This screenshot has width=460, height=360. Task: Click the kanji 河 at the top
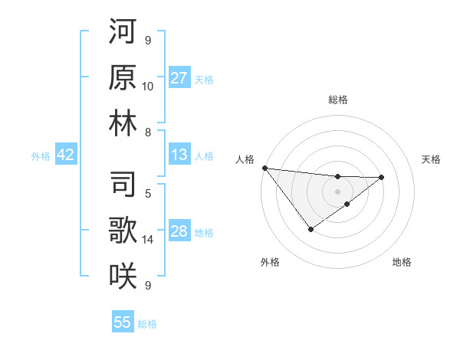coord(123,33)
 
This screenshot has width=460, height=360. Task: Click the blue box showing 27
coord(179,78)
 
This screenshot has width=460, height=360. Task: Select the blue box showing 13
coord(179,155)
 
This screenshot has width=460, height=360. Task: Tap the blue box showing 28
coord(179,231)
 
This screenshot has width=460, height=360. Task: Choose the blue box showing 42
coord(66,155)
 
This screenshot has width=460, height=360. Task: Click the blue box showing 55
coord(123,322)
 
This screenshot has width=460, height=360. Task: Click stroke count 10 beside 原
coord(148,86)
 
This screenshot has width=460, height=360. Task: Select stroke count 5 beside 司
coord(148,192)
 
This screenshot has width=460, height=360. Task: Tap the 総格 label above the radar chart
coord(337,100)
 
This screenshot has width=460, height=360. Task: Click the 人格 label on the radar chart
coord(245,159)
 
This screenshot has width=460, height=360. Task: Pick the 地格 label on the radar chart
coord(402,262)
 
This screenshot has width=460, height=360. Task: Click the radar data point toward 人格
coord(264,167)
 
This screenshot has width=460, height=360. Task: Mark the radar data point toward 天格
coord(382,177)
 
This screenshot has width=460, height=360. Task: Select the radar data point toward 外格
coord(310,229)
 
